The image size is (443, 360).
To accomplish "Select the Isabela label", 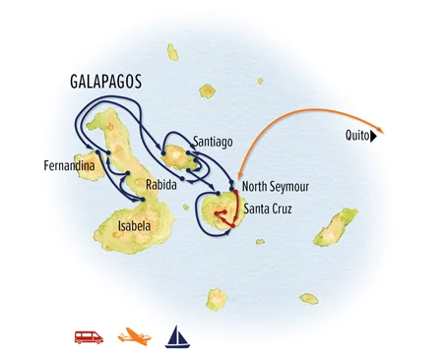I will (134, 225).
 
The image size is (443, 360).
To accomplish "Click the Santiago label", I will (214, 141).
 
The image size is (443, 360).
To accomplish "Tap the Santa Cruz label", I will (268, 209).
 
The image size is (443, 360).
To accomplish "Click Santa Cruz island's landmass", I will (221, 210).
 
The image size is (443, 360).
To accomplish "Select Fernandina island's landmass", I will (92, 163).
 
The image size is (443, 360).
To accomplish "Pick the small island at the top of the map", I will (173, 51).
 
